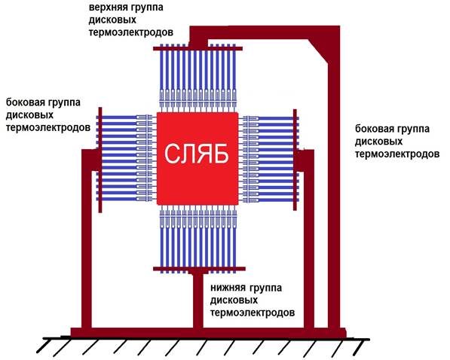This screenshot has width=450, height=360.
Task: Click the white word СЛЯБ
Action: (197, 154)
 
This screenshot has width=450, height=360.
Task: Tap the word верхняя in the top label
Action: (105, 8)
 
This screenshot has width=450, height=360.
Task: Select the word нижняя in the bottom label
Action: (228, 288)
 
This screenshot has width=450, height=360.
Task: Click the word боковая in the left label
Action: (25, 102)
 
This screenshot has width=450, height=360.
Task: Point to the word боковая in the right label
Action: (374, 129)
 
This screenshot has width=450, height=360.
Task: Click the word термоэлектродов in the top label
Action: (131, 32)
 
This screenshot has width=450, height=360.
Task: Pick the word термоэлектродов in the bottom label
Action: (253, 313)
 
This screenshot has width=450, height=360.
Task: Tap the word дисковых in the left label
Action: (30, 115)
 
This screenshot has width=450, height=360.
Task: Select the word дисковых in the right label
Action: (379, 142)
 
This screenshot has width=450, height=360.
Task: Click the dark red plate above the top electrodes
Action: (197, 49)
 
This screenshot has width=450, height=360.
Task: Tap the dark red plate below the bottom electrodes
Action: (199, 269)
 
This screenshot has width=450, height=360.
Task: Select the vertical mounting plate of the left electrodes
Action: (100, 160)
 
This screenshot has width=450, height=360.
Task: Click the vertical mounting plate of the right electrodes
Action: (295, 160)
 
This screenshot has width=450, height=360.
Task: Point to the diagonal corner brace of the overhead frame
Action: (319, 52)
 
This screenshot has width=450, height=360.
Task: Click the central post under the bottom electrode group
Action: (198, 301)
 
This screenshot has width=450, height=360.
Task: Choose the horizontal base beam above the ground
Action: (208, 332)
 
